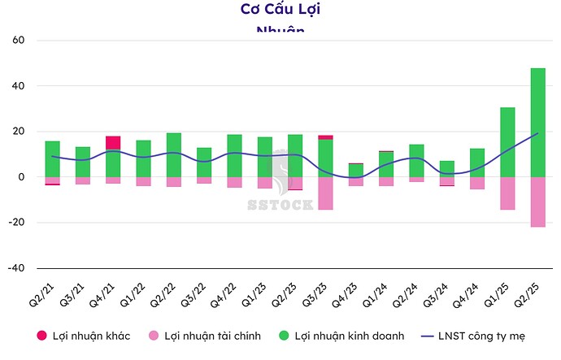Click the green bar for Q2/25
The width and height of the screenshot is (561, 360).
[x=537, y=122]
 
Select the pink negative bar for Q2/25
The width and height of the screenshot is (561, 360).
[x=537, y=202]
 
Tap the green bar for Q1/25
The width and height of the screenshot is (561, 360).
[x=507, y=141]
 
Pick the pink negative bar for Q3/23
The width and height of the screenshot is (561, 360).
[x=325, y=193]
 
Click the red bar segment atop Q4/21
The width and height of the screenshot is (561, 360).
[x=113, y=142]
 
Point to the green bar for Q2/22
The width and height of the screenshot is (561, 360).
[x=174, y=154]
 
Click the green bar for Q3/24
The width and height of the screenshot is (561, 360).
[x=446, y=168]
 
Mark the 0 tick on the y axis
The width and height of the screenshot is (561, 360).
[x=24, y=177]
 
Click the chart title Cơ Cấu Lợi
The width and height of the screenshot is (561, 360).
[x=280, y=10]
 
